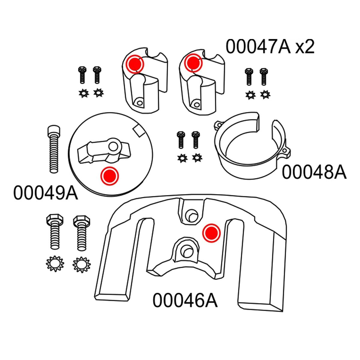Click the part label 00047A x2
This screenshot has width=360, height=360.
pos(270,47)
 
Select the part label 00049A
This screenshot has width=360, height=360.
pos(46,193)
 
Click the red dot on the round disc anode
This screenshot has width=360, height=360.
pos(109,175)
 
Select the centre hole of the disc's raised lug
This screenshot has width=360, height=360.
pos(113,146)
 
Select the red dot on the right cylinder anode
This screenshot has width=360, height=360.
pos(193,63)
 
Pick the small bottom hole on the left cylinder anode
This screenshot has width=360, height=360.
pos(138,103)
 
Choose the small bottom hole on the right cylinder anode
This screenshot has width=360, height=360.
pos(196,105)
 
